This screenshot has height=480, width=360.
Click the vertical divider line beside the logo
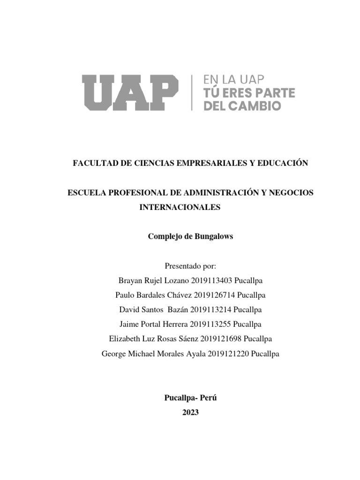[x=192, y=92]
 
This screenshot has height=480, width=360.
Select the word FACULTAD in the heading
[x=92, y=163]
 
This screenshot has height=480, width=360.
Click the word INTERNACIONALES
[x=180, y=207]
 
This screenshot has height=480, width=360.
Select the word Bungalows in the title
[x=213, y=237]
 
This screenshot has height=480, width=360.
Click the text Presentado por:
[x=190, y=266]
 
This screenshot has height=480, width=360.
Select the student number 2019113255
[x=211, y=324]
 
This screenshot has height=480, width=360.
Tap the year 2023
[x=190, y=412]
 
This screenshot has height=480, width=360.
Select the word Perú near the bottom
[x=209, y=398]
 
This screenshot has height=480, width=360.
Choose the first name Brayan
[x=130, y=281]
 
